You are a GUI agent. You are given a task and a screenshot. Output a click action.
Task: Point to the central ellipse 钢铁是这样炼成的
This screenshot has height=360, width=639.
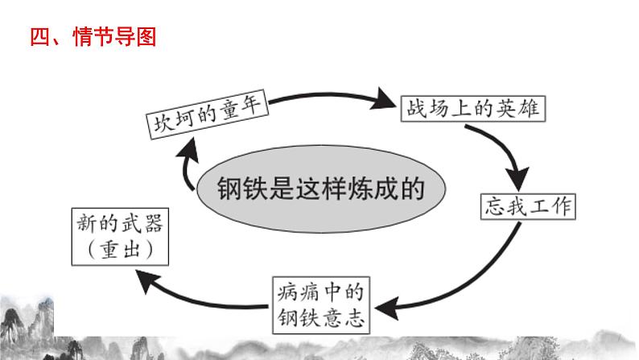tap(320, 189)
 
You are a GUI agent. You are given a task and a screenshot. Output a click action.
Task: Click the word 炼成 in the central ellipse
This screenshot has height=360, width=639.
tap(381, 190)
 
